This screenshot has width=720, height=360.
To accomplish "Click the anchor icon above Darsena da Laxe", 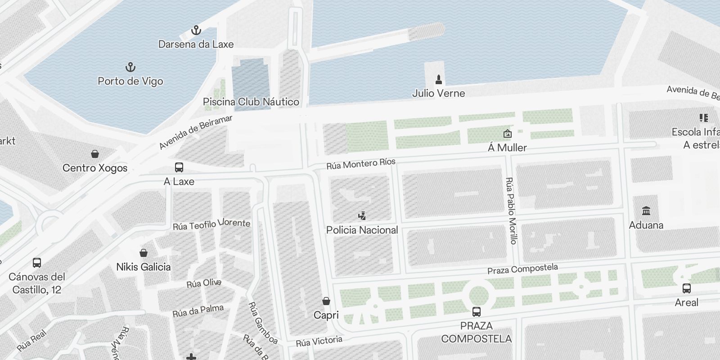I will (x=196, y=31).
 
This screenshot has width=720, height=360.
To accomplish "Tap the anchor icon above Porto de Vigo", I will (x=130, y=67).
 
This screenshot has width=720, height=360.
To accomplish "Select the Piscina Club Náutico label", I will (x=251, y=102).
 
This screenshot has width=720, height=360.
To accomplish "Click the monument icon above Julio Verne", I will (x=439, y=80).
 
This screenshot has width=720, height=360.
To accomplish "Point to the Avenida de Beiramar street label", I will (x=196, y=132).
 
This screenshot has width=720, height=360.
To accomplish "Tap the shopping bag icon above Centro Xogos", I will (x=95, y=154).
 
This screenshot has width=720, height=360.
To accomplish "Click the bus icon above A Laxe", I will (x=179, y=168).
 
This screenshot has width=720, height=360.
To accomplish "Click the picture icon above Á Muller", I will (x=507, y=134).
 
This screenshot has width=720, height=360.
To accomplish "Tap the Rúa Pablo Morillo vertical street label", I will (x=511, y=211).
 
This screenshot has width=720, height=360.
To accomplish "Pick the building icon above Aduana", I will (x=646, y=211).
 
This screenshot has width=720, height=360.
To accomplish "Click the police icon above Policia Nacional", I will (x=362, y=216).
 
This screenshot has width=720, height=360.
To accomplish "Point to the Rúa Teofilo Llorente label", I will (x=211, y=224).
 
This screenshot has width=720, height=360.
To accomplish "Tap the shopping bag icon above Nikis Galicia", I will (x=144, y=253).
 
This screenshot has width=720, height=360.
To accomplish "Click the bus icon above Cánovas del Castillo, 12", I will (x=37, y=263).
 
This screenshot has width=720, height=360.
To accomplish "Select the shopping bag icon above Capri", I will (x=326, y=301).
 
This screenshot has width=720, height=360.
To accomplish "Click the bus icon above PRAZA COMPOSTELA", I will (x=476, y=311).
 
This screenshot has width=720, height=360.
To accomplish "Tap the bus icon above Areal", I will (x=686, y=288).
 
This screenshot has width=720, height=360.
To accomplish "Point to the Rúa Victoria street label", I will (x=319, y=342).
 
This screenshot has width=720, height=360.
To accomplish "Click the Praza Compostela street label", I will (x=522, y=269).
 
